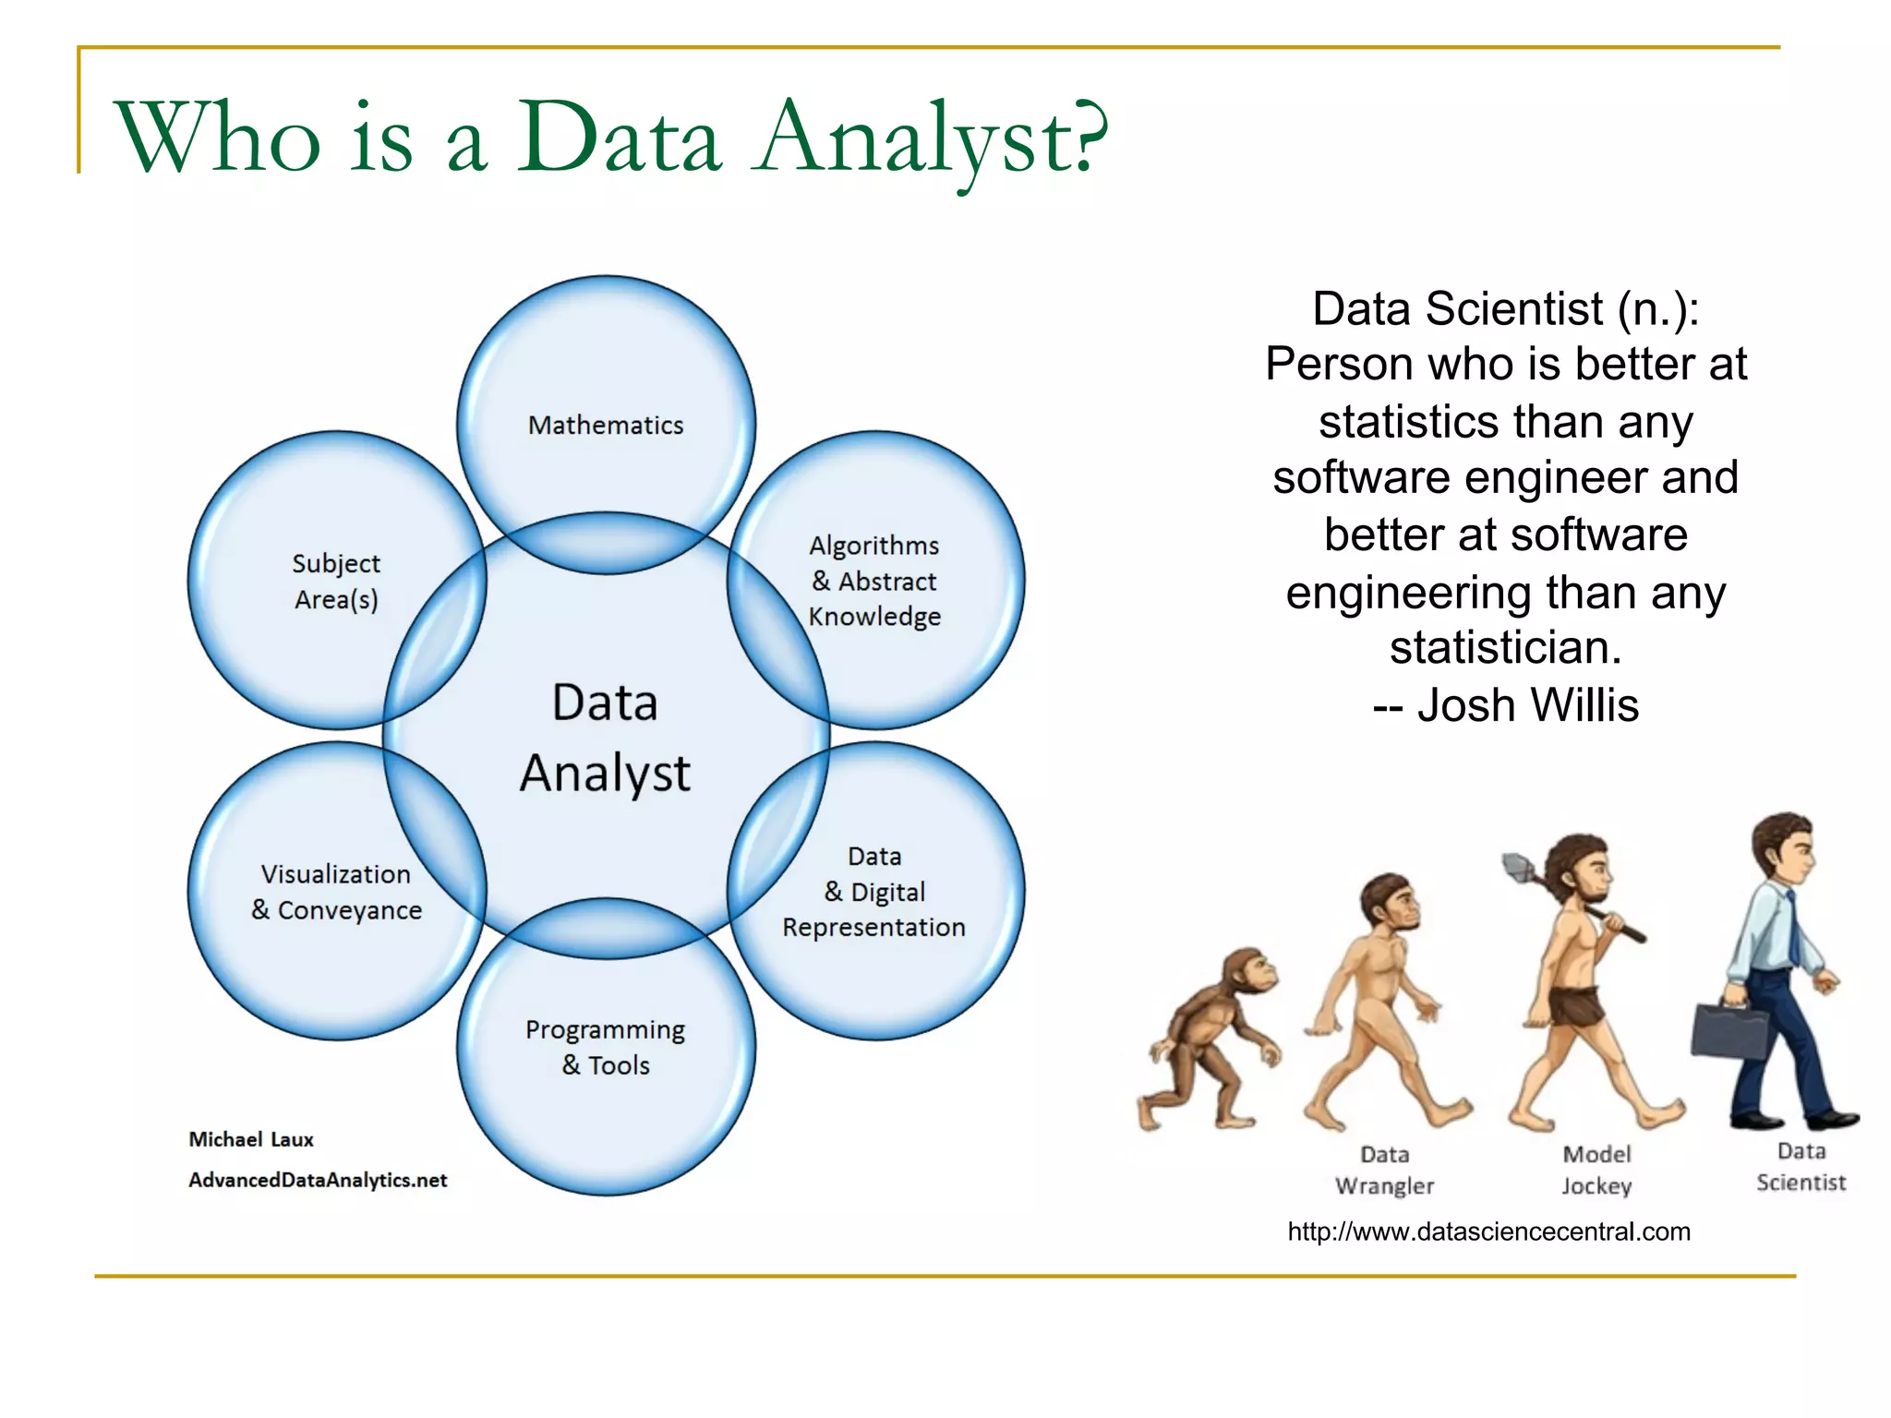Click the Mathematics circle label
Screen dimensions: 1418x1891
point(606,425)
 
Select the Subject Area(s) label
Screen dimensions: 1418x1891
point(336,582)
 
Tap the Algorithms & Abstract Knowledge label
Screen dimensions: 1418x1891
point(874,581)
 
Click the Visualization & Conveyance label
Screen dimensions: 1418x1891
point(336,892)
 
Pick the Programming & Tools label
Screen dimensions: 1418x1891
point(606,1047)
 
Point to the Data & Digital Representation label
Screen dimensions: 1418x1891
point(874,892)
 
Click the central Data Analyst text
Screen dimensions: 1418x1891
point(605,738)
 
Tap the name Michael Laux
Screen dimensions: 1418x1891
point(251,1139)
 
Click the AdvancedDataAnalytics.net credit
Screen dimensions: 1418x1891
point(318,1180)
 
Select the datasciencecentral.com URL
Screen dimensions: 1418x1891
point(1488,1232)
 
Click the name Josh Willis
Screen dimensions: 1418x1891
point(1527,705)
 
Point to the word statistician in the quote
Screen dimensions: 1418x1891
point(1505,648)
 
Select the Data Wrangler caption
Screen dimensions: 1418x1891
point(1384,1170)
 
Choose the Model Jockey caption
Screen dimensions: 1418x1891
point(1596,1170)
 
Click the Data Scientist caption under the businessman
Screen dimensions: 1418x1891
point(1801,1166)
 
